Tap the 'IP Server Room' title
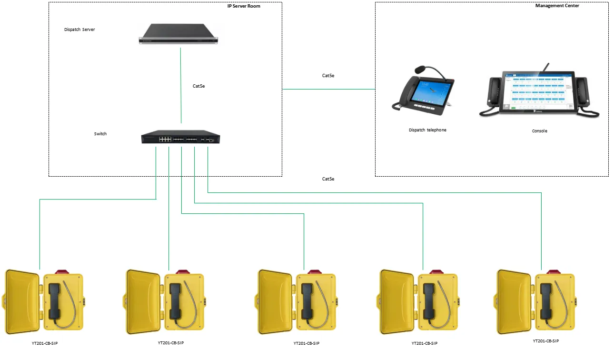(244, 6)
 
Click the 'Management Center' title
(557, 6)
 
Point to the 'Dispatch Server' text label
(79, 30)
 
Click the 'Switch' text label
(100, 134)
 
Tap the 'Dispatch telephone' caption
(427, 130)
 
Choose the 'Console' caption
(539, 131)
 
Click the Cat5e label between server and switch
(199, 86)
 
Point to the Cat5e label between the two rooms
(328, 76)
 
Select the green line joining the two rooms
(328, 89)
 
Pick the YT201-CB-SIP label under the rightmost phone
(545, 341)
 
